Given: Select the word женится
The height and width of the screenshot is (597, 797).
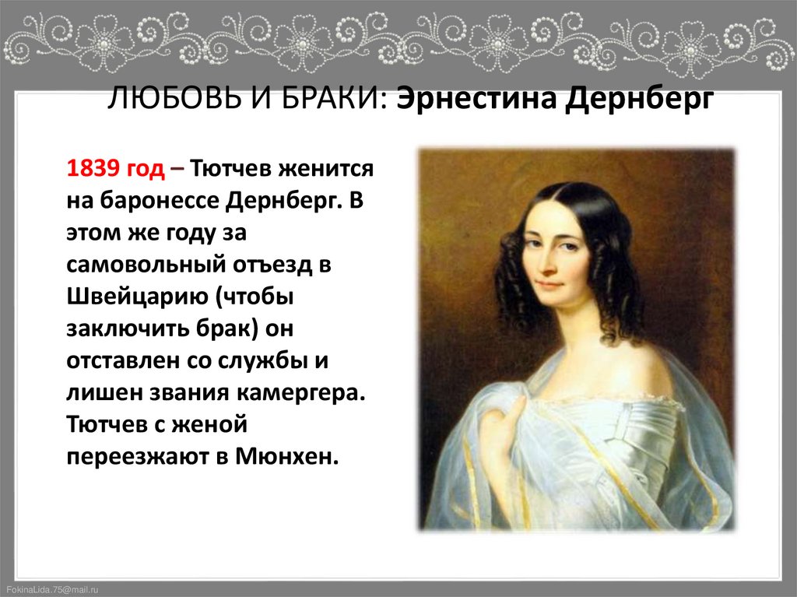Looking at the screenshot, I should [x=332, y=168].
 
